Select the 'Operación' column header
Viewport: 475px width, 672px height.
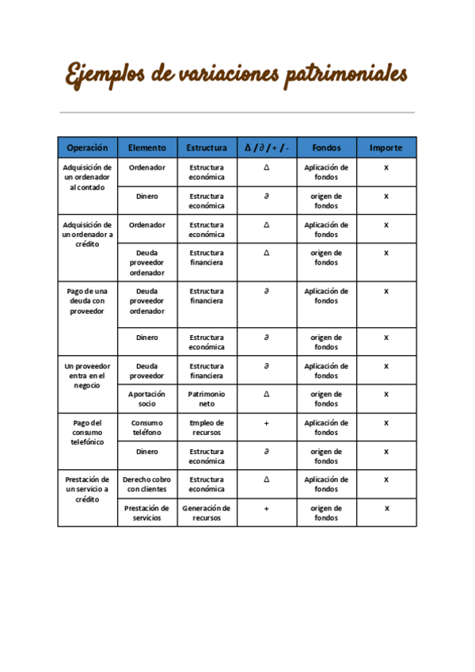87,147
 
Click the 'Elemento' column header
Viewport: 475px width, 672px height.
147,147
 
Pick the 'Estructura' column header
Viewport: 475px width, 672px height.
207,147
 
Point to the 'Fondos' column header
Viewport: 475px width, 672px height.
326,147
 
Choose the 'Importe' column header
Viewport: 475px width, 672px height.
386,147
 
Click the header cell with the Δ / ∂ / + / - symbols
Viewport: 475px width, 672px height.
267,147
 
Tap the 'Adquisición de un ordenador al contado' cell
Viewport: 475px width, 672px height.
87,178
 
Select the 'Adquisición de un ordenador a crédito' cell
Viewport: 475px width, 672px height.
87,235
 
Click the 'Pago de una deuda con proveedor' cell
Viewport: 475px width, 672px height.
87,301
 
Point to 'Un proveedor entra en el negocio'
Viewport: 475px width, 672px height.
87,376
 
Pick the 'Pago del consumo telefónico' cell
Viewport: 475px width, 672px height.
87,433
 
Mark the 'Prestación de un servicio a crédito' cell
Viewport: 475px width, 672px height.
87,490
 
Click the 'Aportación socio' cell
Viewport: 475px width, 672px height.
147,399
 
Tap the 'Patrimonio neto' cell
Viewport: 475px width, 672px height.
207,399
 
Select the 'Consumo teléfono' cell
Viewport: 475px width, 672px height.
147,428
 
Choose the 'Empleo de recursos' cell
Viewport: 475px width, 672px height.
207,428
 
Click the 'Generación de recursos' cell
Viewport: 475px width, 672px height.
207,513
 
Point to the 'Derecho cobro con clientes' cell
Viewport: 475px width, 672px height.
147,484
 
